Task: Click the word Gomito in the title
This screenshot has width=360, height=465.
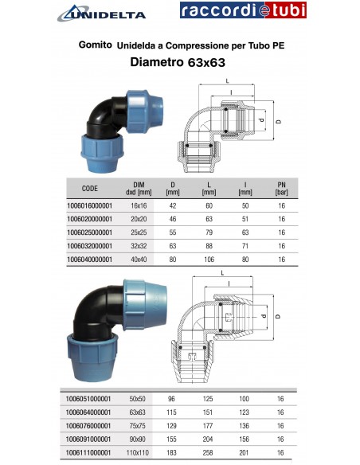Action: pos(95,45)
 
